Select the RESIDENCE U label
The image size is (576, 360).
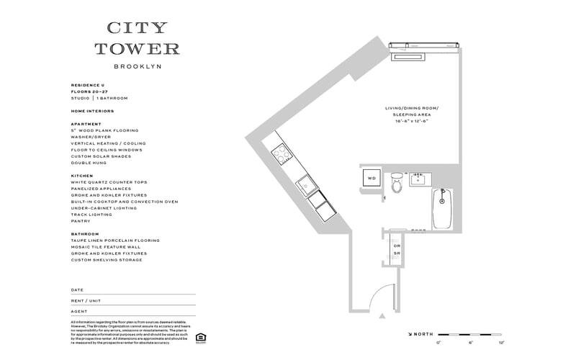pyautogui.click(x=87, y=85)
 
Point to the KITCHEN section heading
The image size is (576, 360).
pyautogui.click(x=81, y=175)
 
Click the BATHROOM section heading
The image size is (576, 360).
pyautogui.click(x=85, y=234)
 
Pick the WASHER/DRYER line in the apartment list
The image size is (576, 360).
pyautogui.click(x=92, y=137)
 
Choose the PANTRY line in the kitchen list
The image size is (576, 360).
pyautogui.click(x=80, y=221)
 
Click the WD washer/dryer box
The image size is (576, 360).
pyautogui.click(x=372, y=177)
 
